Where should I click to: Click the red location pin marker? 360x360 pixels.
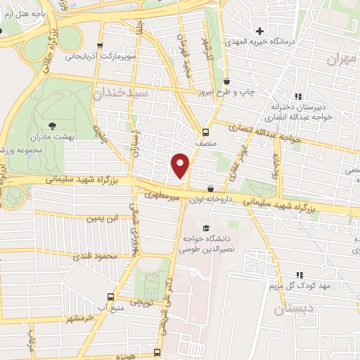pos(181,165)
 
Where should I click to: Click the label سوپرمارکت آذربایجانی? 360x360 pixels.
pos(98,53)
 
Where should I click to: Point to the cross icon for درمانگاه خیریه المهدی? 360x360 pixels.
pos(260,32)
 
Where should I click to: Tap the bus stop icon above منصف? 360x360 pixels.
pos(205,131)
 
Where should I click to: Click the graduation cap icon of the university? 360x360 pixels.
pos(205,228)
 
